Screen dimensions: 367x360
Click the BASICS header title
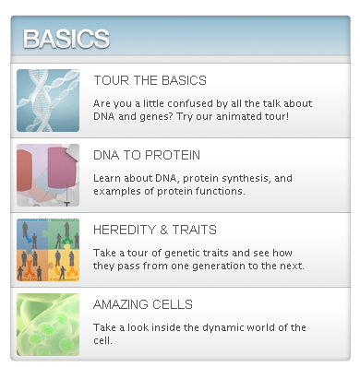[66, 39]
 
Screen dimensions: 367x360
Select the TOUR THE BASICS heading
[150, 80]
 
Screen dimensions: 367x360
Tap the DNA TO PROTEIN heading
[147, 155]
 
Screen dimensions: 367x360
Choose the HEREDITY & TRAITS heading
[155, 230]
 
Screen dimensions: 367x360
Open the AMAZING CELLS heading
[143, 304]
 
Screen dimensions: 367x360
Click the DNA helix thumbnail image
[48, 101]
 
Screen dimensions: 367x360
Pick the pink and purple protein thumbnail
[48, 175]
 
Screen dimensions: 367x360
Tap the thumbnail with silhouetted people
[48, 250]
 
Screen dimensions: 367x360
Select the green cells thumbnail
[48, 325]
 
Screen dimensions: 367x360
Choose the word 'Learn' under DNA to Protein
[108, 177]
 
